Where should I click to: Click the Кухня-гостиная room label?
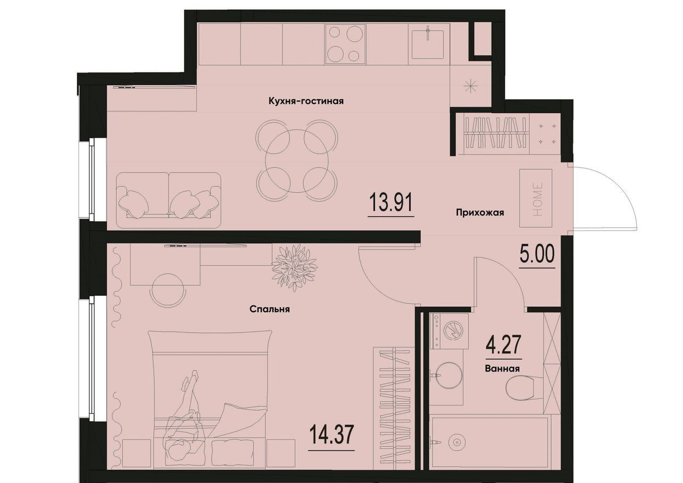pos(306,101)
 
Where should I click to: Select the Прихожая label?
pos(480,212)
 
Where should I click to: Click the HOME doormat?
pos(536,198)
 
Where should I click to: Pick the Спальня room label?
pos(270,310)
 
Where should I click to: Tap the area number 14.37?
pos(331,435)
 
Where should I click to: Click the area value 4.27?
pos(503,344)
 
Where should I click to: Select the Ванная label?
pos(502,369)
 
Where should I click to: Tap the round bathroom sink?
pos(449,375)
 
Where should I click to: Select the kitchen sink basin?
pos(428,44)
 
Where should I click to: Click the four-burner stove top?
pos(346,44)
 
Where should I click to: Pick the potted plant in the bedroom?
pos(294,267)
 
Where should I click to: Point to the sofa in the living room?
pos(169,200)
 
